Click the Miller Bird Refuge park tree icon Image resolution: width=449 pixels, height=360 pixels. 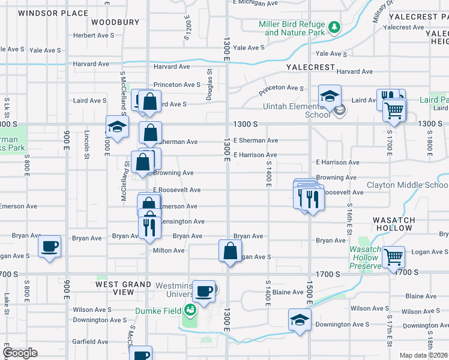(x=334, y=27)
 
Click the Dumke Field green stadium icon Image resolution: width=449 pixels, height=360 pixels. (x=190, y=310)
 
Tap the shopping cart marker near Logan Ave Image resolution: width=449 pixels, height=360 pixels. (x=394, y=257)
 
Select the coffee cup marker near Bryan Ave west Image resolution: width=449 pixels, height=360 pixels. (x=49, y=246)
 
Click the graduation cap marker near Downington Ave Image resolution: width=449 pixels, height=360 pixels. (x=300, y=320)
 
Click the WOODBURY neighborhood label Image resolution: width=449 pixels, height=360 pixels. (x=115, y=22)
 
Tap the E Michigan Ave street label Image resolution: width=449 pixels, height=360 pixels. (x=255, y=3)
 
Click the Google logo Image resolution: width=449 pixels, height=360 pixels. (x=20, y=353)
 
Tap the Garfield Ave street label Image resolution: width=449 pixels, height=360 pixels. (x=90, y=341)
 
